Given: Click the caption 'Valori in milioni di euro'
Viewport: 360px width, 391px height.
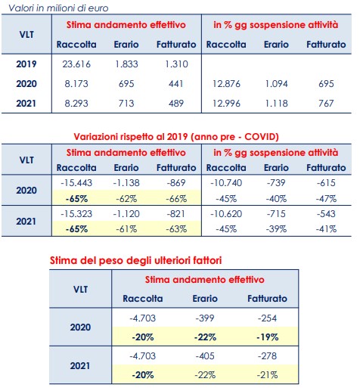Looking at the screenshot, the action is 58,8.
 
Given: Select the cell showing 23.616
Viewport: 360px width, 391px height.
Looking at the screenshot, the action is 76,64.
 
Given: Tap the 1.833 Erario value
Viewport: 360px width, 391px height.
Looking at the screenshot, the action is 126,64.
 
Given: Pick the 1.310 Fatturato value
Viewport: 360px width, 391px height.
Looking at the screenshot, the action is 176,64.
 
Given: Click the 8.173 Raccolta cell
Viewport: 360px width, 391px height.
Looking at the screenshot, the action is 76,84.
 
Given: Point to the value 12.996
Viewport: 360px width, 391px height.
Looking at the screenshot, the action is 226,104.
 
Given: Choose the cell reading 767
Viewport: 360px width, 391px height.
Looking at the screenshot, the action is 326,104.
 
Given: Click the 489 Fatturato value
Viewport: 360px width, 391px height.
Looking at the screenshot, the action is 176,104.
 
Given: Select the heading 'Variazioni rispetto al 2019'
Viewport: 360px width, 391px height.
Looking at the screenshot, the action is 131,137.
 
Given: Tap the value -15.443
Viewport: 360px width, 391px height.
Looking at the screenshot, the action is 76,183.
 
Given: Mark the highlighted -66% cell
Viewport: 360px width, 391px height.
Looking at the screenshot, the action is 176,199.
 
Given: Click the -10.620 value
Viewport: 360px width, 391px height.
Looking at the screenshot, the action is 226,214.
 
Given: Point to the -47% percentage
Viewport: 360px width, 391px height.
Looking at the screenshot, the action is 326,199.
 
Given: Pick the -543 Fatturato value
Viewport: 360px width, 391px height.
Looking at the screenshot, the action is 326,214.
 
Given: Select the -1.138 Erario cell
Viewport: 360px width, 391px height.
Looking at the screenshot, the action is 126,183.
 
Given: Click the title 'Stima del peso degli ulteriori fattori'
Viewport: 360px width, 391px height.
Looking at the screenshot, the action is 135,260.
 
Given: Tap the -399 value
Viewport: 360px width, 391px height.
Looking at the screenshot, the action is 205,318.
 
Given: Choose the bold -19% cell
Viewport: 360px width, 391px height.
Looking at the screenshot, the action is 267,337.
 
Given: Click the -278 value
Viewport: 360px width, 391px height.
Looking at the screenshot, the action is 267,356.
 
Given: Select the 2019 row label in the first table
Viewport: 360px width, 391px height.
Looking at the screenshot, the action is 26,64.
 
